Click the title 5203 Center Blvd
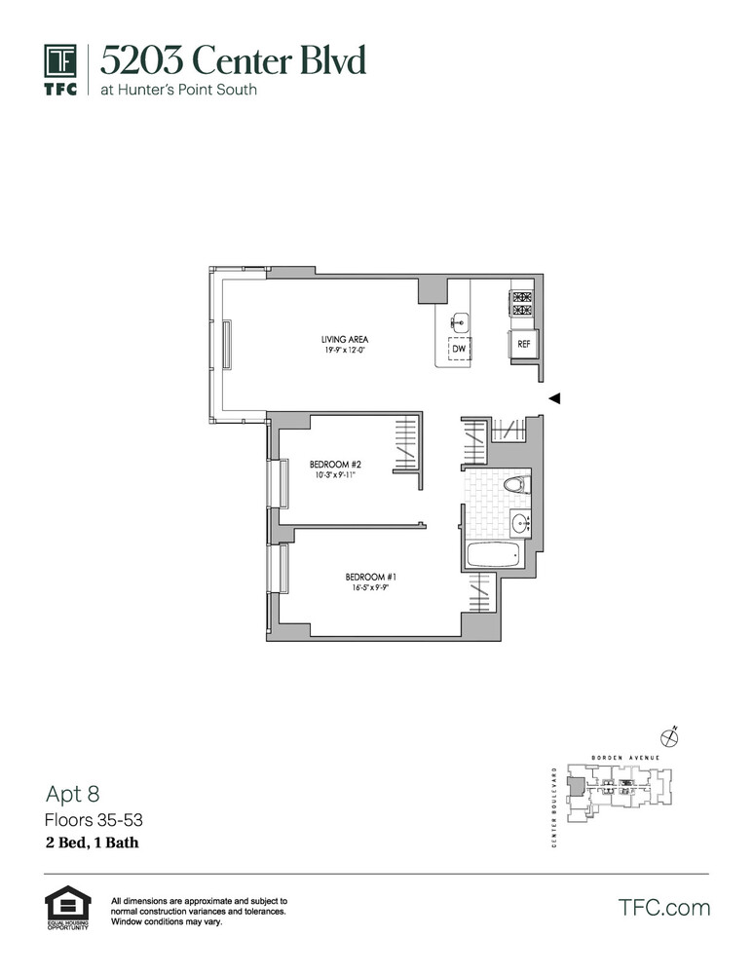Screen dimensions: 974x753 pos(233,61)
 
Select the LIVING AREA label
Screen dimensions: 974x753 pos(344,339)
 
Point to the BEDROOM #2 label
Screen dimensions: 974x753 pos(335,464)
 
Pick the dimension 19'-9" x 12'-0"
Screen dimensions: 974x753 pos(344,350)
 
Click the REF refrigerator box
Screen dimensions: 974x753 pos(523,344)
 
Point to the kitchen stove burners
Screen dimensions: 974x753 pos(522,303)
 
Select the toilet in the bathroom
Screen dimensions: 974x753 pos(513,484)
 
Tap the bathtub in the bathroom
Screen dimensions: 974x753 pos(492,558)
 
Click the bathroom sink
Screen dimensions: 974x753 pos(520,522)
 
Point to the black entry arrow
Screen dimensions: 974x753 pos(554,397)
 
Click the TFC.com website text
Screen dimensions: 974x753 pos(664,908)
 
